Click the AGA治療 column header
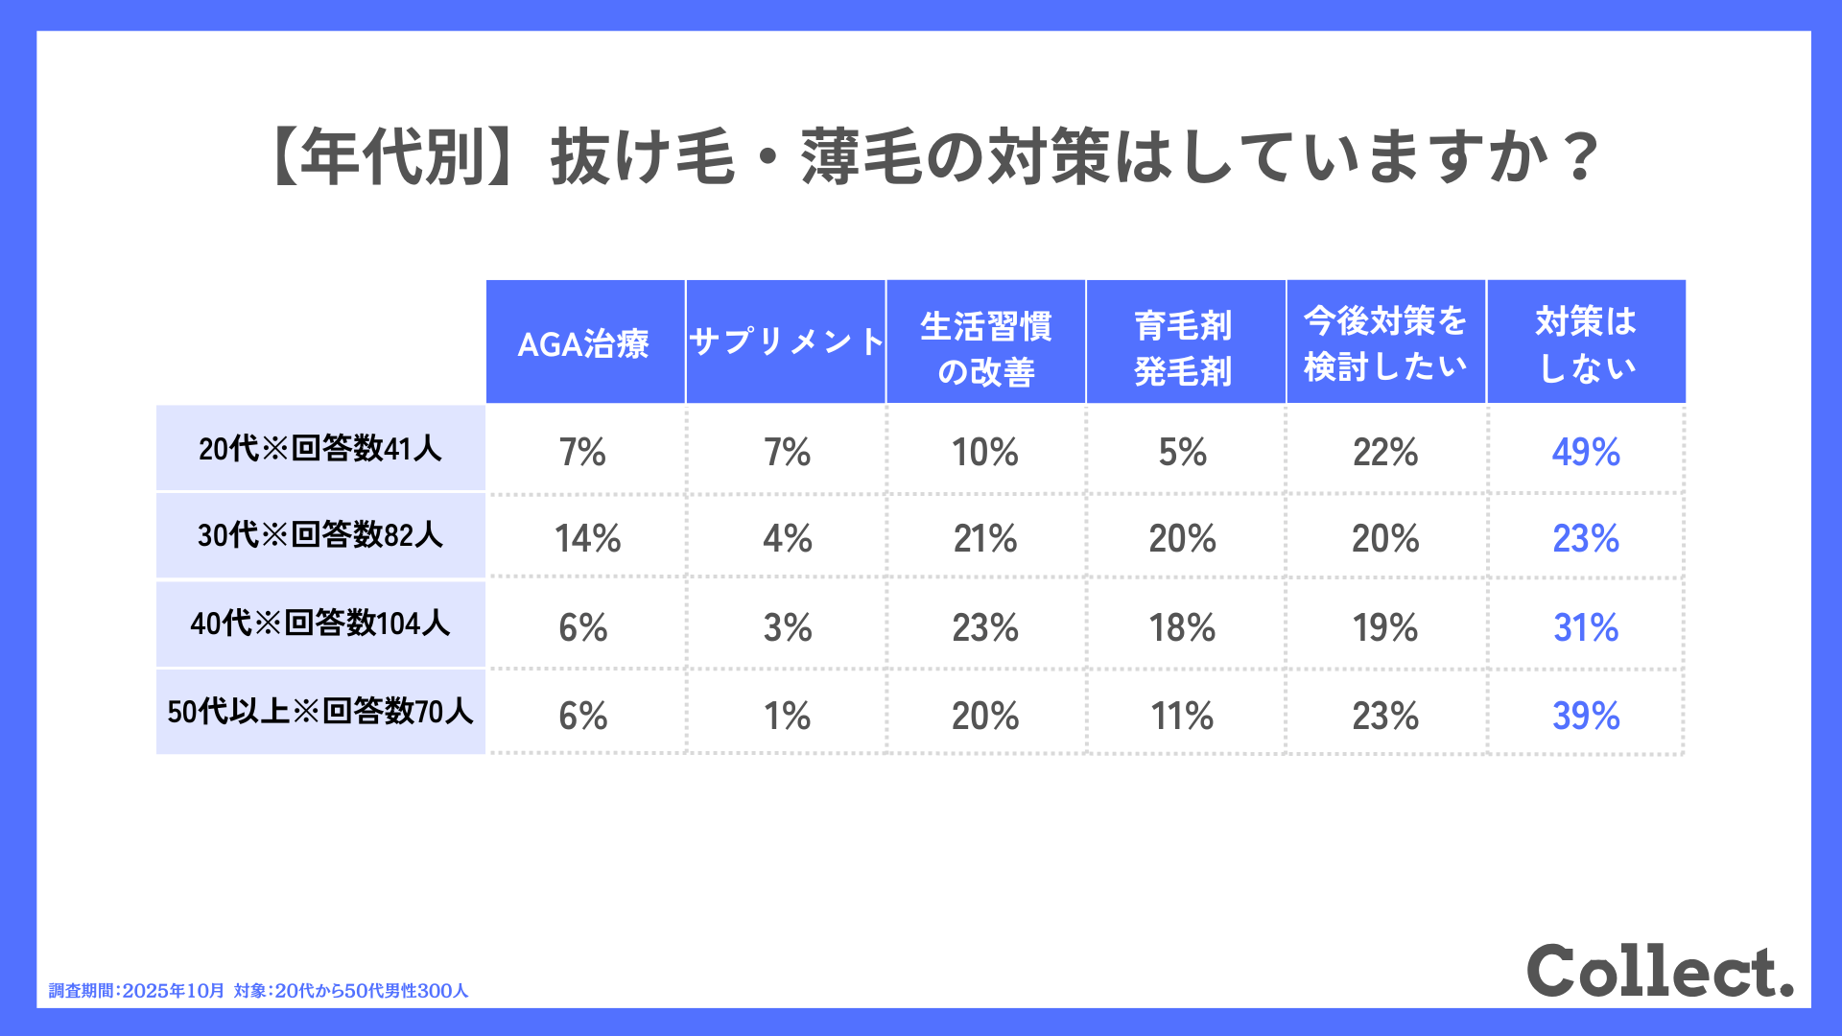[584, 342]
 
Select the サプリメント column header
[786, 342]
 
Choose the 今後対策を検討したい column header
[1385, 342]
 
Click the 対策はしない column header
[1586, 343]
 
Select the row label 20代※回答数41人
[320, 448]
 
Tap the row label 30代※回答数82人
[320, 534]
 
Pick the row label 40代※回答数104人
[320, 624]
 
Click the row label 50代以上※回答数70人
[320, 712]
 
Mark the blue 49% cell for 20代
[1586, 452]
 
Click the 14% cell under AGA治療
[587, 538]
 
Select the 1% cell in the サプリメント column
[787, 716]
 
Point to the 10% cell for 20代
[985, 452]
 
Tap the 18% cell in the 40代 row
[1182, 628]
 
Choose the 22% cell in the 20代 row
[1385, 452]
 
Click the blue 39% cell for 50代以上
[1586, 716]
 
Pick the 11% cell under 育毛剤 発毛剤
[1182, 716]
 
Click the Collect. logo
[1660, 971]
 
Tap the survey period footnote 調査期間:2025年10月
[136, 991]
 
